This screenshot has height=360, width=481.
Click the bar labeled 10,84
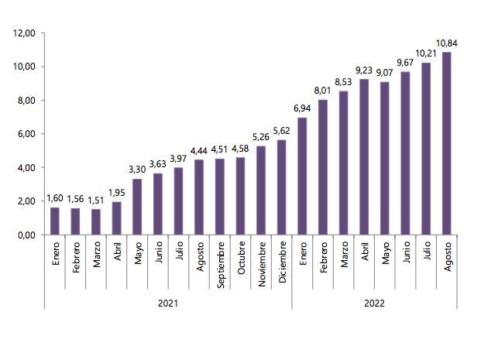[x=447, y=143]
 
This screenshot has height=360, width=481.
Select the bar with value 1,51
[x=96, y=222]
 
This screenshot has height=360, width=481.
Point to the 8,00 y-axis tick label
[x=25, y=101]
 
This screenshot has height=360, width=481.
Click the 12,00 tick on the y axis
[x=25, y=33]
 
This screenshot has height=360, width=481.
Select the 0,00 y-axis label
[x=25, y=235]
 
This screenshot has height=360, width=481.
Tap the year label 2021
[x=167, y=303]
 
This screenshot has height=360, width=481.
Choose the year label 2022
[x=374, y=303]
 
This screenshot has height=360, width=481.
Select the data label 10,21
[x=427, y=53]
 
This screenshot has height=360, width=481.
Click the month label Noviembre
[x=262, y=265]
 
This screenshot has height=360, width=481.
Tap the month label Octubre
[x=241, y=260]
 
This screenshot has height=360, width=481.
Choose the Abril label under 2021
[x=117, y=255]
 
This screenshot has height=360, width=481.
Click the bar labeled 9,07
[x=385, y=158]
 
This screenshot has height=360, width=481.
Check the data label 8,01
[x=323, y=90]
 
